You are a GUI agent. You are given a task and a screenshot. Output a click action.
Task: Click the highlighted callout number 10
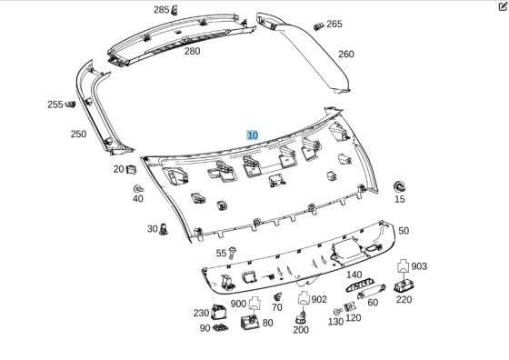[253, 135]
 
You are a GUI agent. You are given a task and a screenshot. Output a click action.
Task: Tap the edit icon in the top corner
[503, 6]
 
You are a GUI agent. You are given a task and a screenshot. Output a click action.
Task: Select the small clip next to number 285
[175, 10]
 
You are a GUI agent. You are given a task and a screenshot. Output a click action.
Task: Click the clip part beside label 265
[319, 26]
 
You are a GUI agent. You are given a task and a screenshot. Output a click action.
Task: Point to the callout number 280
[192, 51]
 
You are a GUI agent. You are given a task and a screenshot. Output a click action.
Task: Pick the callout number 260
[346, 55]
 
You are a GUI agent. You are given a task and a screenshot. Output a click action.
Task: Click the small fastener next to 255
[70, 105]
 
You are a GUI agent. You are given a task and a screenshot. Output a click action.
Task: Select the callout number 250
[78, 134]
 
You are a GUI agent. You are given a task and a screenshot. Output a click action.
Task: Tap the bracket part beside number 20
[131, 169]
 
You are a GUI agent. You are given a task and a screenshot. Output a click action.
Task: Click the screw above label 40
[138, 188]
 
